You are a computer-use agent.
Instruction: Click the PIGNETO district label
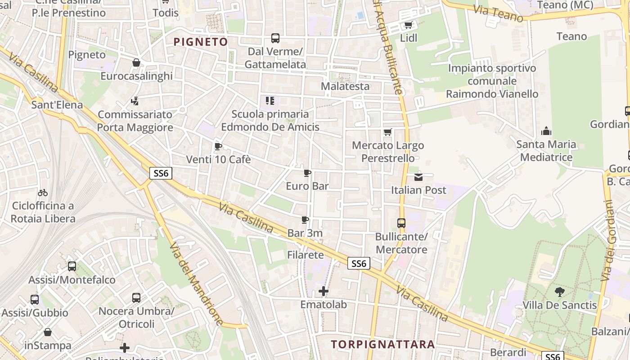coord(201,42)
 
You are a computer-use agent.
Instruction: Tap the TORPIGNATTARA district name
coord(383,345)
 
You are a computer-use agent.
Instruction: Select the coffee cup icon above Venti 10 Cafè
coord(218,146)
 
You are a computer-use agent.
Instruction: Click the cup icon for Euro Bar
coord(307,173)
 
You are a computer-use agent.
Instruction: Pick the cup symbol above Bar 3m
coord(305,220)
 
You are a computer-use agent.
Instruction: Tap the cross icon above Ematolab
coord(323,291)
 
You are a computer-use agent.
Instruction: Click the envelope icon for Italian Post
coord(418,176)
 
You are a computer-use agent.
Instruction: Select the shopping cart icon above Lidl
coord(408,25)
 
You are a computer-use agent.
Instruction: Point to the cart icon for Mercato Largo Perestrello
coord(387,132)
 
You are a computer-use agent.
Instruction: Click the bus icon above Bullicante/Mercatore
coord(401,223)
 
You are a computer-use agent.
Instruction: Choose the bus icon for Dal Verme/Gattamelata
coord(275,38)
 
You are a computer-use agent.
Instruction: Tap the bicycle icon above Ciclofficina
coord(43,193)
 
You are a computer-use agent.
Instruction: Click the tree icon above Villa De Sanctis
coord(559,292)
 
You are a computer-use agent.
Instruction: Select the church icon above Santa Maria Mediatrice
coord(546,131)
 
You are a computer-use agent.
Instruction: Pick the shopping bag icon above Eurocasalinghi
coord(136,63)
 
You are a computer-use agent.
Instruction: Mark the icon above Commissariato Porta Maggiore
coord(135,101)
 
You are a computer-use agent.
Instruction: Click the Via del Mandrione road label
coord(196,283)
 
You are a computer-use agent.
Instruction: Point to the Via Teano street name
coord(498,13)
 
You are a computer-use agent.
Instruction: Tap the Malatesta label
coord(345,86)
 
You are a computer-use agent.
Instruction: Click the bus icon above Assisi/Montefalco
coord(72,266)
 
